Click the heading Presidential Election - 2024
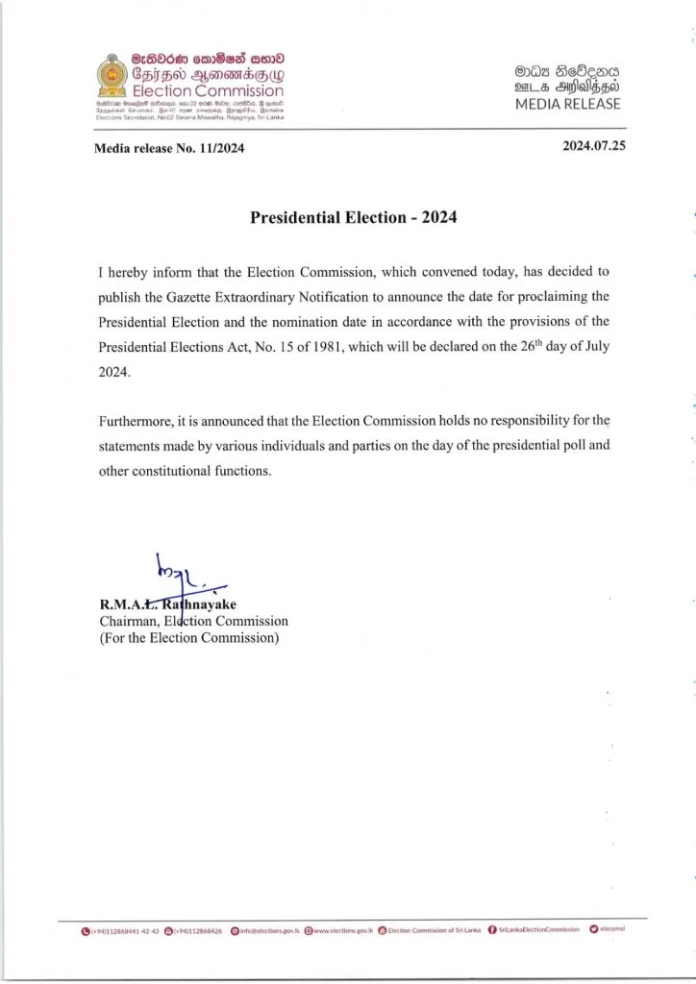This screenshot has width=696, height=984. [x=353, y=217]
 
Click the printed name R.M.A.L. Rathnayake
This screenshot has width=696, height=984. [x=168, y=604]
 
